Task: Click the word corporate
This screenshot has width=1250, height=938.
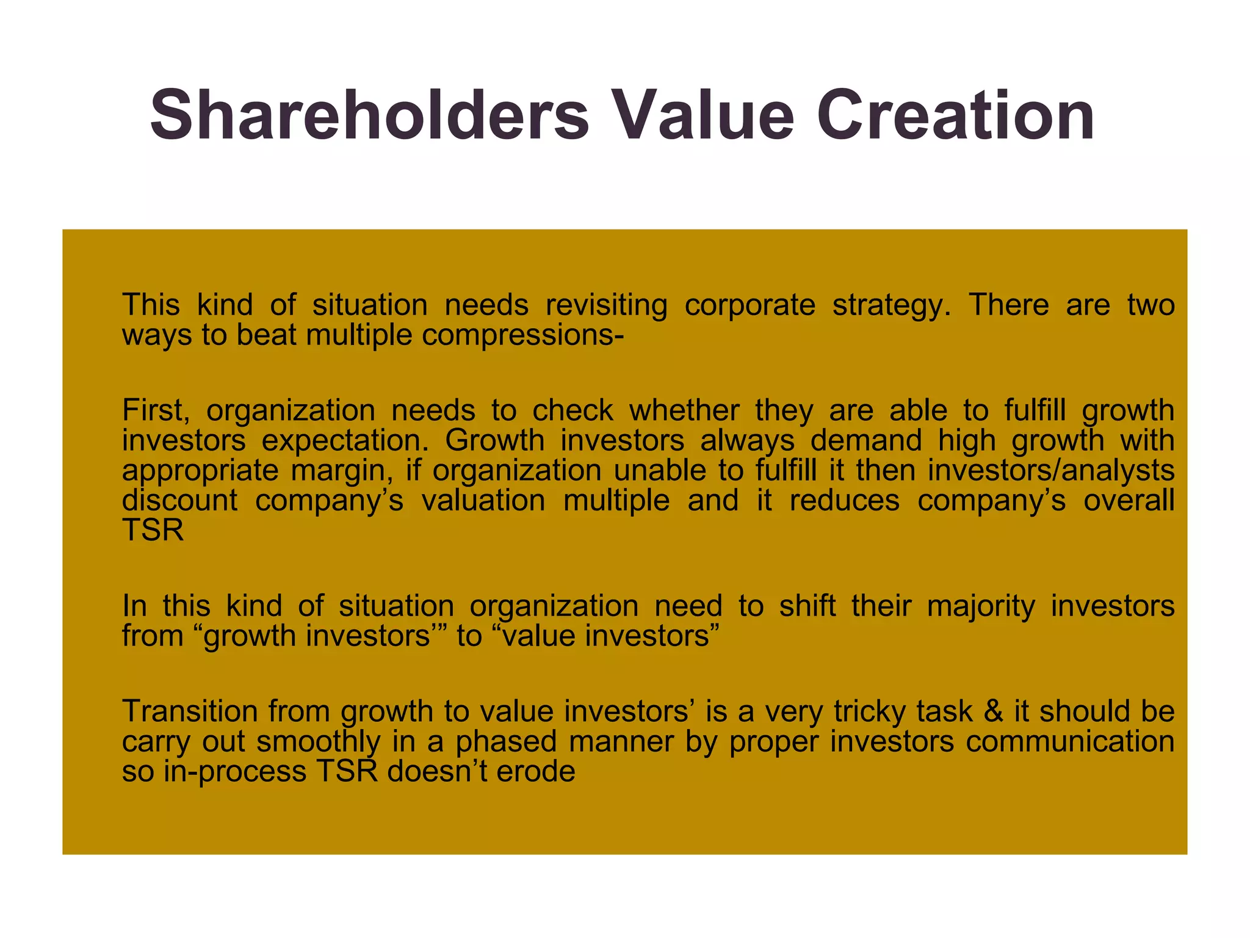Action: click(750, 305)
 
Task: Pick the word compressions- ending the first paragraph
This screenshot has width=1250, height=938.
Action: click(522, 335)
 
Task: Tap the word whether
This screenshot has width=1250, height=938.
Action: click(684, 410)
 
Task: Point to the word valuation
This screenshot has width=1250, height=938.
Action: click(483, 500)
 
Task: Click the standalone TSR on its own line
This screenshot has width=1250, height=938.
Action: click(153, 530)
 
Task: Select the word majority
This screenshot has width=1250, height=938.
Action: click(981, 606)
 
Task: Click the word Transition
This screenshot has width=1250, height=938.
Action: click(190, 711)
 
